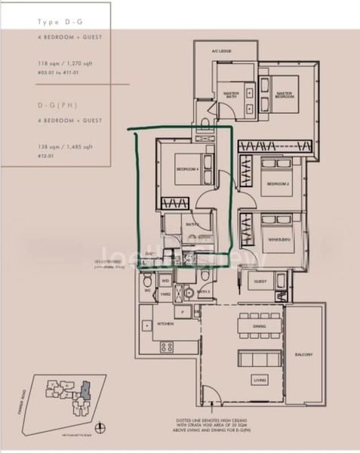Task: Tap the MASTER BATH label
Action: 231,95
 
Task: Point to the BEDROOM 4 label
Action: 187,168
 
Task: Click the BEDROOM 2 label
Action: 277,183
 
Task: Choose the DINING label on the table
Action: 259,326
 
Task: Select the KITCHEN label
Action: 165,323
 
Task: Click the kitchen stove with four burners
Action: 166,347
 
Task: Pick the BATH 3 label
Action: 203,291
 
